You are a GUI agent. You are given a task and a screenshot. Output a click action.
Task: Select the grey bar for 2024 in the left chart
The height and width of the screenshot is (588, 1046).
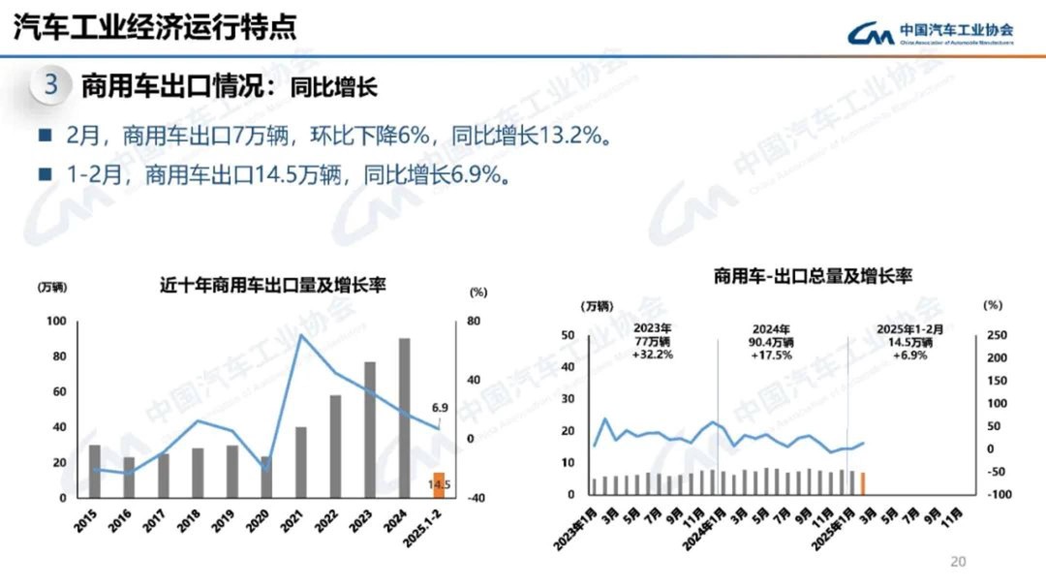click(404, 418)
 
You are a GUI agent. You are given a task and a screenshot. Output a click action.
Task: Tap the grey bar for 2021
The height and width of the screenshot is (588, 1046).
click(301, 462)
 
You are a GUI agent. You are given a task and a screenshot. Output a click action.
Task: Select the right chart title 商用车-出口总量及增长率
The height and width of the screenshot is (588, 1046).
click(813, 277)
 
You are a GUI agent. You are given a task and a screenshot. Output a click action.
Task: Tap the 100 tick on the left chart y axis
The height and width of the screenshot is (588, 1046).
click(57, 322)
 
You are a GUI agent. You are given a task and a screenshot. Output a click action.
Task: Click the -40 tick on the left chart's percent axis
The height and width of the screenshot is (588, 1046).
click(476, 498)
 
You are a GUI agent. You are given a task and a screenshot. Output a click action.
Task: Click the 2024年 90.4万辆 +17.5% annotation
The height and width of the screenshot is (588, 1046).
click(771, 342)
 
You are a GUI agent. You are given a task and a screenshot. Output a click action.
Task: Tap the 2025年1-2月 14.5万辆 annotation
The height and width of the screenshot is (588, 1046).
click(908, 342)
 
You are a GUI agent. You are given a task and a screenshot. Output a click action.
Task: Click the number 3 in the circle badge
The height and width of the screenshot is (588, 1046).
click(51, 85)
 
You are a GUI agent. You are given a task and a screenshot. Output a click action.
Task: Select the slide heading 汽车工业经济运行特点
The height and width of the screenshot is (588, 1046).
click(154, 27)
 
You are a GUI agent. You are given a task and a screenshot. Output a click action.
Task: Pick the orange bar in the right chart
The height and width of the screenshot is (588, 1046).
click(862, 482)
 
